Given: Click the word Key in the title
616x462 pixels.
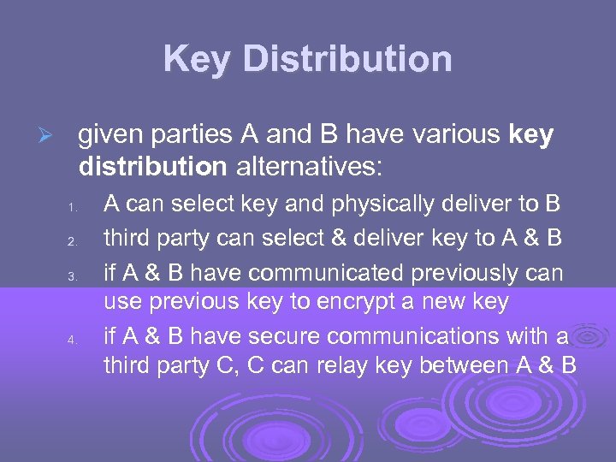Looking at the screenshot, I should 197,59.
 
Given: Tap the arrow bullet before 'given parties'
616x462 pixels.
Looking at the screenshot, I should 50,137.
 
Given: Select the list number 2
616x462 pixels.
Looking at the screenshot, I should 74,241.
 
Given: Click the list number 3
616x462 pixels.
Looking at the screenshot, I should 74,275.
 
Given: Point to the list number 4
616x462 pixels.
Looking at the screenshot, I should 74,341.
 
